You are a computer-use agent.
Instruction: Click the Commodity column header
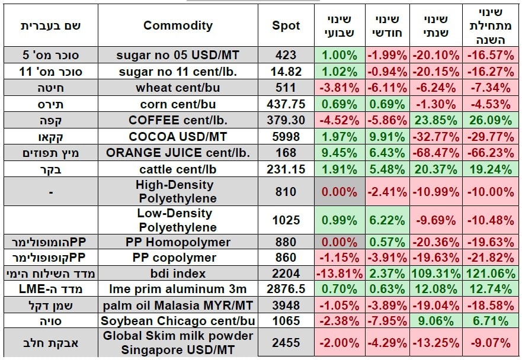178,26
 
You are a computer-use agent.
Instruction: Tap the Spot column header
286,26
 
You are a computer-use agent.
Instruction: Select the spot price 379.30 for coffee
286,120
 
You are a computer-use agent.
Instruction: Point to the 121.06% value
489,274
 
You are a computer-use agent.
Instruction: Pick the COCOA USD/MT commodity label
178,136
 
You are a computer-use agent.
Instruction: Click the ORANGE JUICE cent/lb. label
178,152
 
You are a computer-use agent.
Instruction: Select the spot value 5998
286,136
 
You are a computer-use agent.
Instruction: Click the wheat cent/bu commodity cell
178,88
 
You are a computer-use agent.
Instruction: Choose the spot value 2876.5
286,290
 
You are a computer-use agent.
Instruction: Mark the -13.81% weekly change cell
340,274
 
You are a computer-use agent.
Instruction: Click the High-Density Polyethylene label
178,192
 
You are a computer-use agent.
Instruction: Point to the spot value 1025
286,220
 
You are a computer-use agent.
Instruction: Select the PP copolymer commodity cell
178,258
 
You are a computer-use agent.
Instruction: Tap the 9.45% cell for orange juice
340,152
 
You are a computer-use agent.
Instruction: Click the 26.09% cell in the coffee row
489,120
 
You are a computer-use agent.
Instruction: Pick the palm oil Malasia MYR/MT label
178,306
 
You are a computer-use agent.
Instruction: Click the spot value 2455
286,343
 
